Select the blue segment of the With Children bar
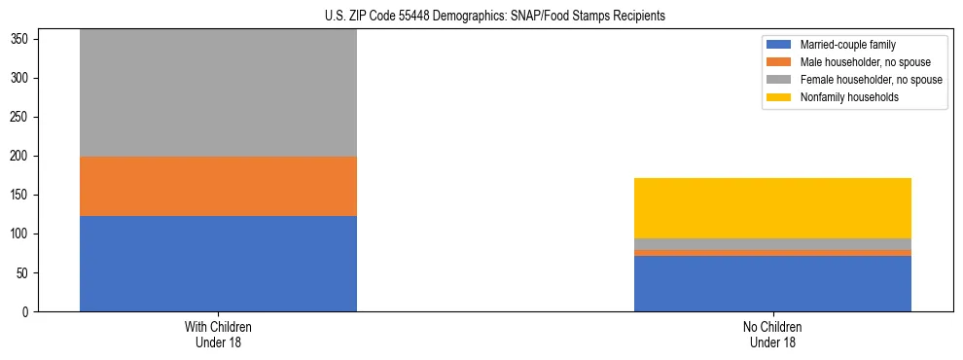[218, 264]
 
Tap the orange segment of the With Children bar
[218, 186]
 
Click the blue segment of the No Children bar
[772, 283]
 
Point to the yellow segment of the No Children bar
[772, 208]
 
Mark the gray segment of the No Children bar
[772, 244]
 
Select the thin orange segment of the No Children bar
[772, 253]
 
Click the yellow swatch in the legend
[779, 97]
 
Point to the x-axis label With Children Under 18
[218, 334]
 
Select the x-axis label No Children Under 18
[772, 334]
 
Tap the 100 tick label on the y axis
[23, 234]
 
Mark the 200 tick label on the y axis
[23, 156]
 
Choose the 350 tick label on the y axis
[23, 39]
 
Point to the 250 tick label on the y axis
[23, 117]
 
